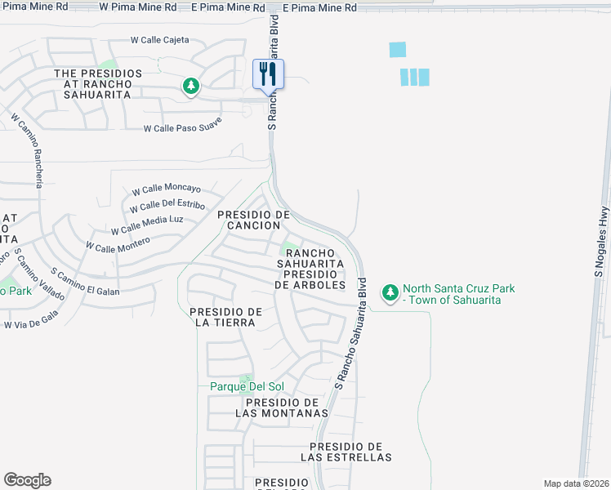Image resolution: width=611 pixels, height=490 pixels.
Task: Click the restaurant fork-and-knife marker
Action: coord(268,74)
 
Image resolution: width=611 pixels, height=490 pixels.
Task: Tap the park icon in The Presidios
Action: coord(191,86)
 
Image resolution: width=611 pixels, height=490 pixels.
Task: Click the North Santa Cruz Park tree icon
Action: coord(390,292)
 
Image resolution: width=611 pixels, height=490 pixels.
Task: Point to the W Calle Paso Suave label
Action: coord(183,128)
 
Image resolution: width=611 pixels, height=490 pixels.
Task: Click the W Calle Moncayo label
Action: coord(166,189)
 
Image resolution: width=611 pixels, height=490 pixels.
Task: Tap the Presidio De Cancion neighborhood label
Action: coord(254,220)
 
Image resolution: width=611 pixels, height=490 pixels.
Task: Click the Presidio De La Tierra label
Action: coord(225,317)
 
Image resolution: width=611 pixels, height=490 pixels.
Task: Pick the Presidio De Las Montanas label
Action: coord(282,408)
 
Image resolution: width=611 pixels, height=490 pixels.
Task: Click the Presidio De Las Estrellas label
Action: coord(346,452)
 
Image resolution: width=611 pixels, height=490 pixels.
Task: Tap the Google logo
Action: coord(27,480)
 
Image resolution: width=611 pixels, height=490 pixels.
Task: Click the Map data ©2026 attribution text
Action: coord(577,483)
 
